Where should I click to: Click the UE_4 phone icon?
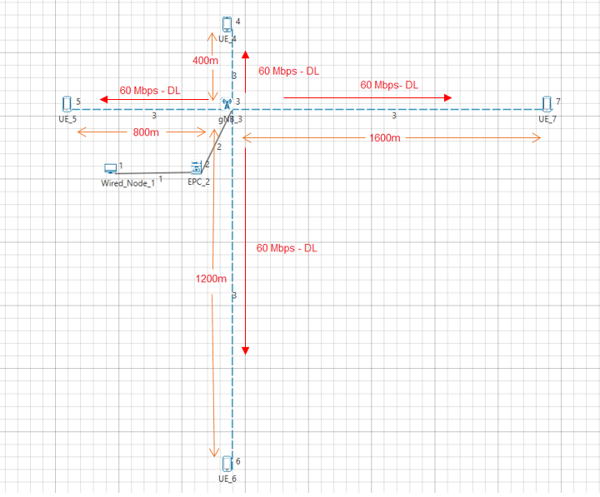227,24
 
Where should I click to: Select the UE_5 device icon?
67,104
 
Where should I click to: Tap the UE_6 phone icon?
227,463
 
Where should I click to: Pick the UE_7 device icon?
547,103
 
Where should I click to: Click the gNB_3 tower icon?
227,105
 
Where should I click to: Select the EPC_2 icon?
197,166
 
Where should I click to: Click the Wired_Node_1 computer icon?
110,168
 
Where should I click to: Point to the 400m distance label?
205,61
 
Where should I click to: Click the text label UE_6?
227,479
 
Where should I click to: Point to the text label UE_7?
547,119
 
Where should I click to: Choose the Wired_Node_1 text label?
127,183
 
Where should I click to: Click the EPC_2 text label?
198,181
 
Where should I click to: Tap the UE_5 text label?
67,119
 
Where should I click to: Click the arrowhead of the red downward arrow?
246,349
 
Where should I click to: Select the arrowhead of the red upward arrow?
246,54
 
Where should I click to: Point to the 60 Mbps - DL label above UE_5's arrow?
151,90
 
